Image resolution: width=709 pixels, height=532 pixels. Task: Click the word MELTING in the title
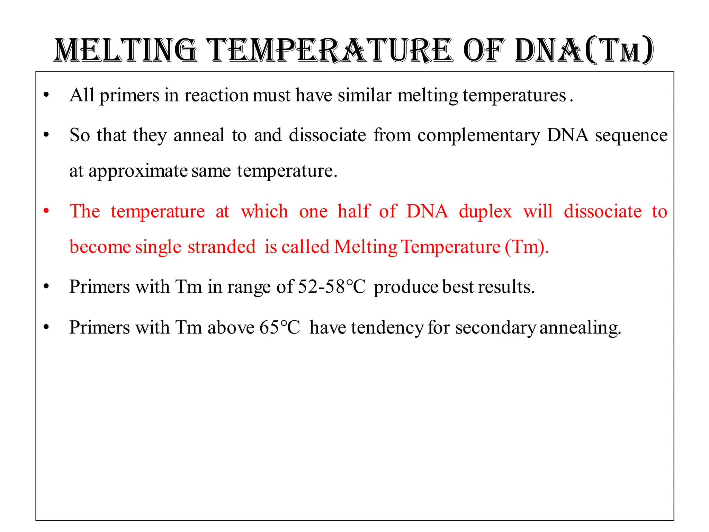(x=125, y=51)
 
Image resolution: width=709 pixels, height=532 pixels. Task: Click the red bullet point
(x=46, y=211)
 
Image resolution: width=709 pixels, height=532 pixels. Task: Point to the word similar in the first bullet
(x=365, y=95)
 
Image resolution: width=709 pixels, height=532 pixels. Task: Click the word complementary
(x=478, y=135)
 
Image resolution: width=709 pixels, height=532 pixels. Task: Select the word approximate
(x=138, y=171)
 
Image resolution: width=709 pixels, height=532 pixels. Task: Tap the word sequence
(x=631, y=135)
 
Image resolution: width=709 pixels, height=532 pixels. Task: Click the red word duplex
(x=485, y=212)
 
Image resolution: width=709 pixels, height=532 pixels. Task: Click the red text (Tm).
(x=526, y=247)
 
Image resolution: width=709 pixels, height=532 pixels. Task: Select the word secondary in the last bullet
(x=495, y=328)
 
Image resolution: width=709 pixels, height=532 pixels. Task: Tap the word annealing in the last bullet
(x=580, y=328)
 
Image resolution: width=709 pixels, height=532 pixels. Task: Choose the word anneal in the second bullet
(x=199, y=135)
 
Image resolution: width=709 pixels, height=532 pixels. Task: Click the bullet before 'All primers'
(x=46, y=95)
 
